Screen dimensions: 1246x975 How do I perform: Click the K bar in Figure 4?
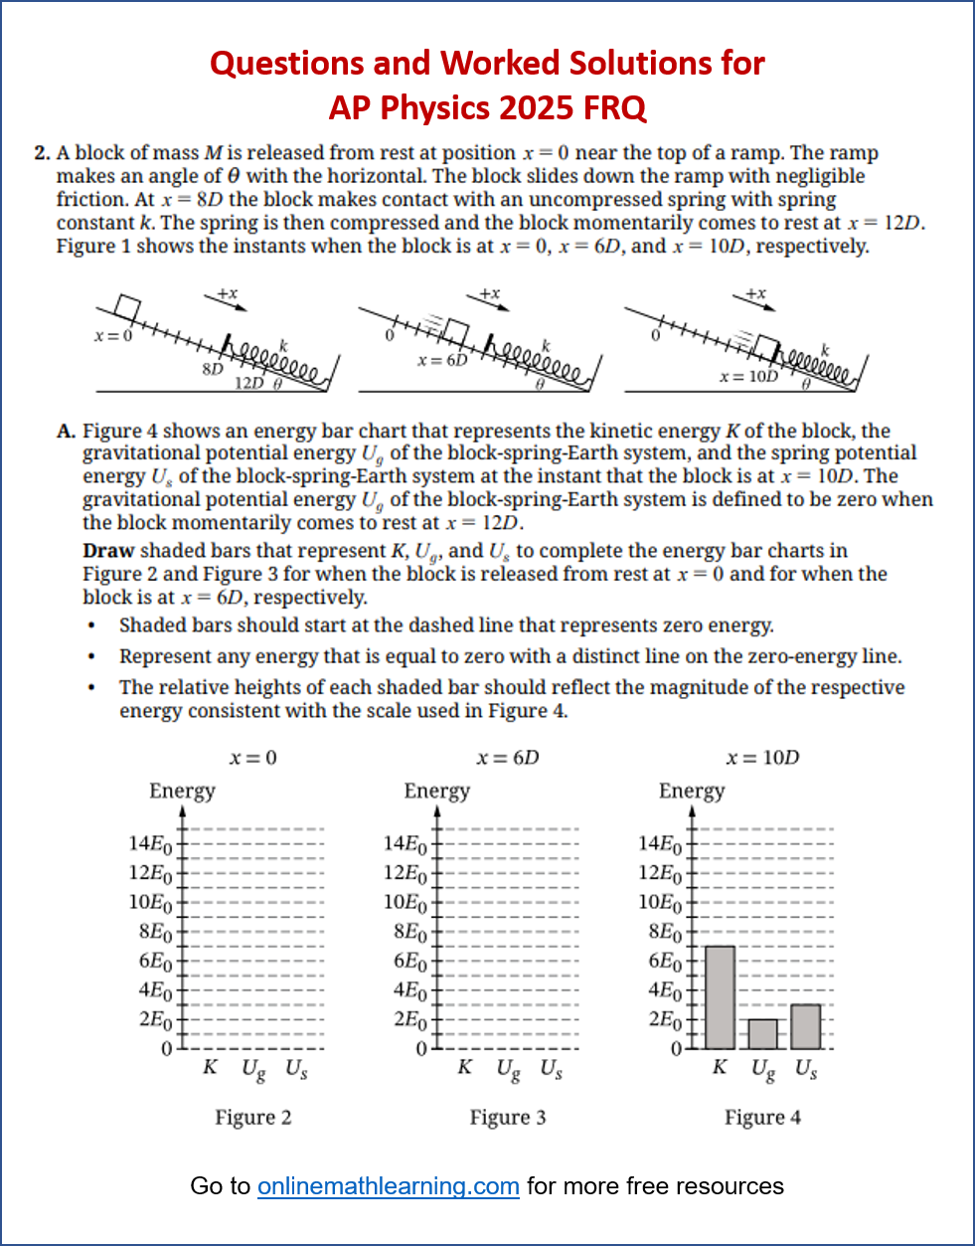point(720,997)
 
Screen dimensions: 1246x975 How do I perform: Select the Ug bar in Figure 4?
point(763,1034)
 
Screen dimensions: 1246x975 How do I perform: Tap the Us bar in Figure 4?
point(806,1026)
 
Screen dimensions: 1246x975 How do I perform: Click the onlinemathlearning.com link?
point(388,1186)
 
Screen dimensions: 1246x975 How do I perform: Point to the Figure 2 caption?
point(253,1117)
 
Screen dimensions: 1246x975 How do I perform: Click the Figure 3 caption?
point(508,1117)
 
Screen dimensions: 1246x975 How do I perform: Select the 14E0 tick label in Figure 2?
point(150,844)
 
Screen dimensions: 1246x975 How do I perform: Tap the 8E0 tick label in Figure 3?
point(409,932)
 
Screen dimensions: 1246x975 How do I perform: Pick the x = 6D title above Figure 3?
point(508,758)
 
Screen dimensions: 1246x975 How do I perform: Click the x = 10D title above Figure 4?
point(762,758)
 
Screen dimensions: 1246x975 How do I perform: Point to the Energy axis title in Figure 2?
point(182,791)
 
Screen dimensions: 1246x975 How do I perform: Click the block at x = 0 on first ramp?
point(127,306)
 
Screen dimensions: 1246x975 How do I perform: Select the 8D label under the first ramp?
point(212,369)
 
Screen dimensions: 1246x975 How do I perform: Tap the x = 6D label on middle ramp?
point(442,360)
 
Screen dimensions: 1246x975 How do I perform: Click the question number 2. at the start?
point(42,153)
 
